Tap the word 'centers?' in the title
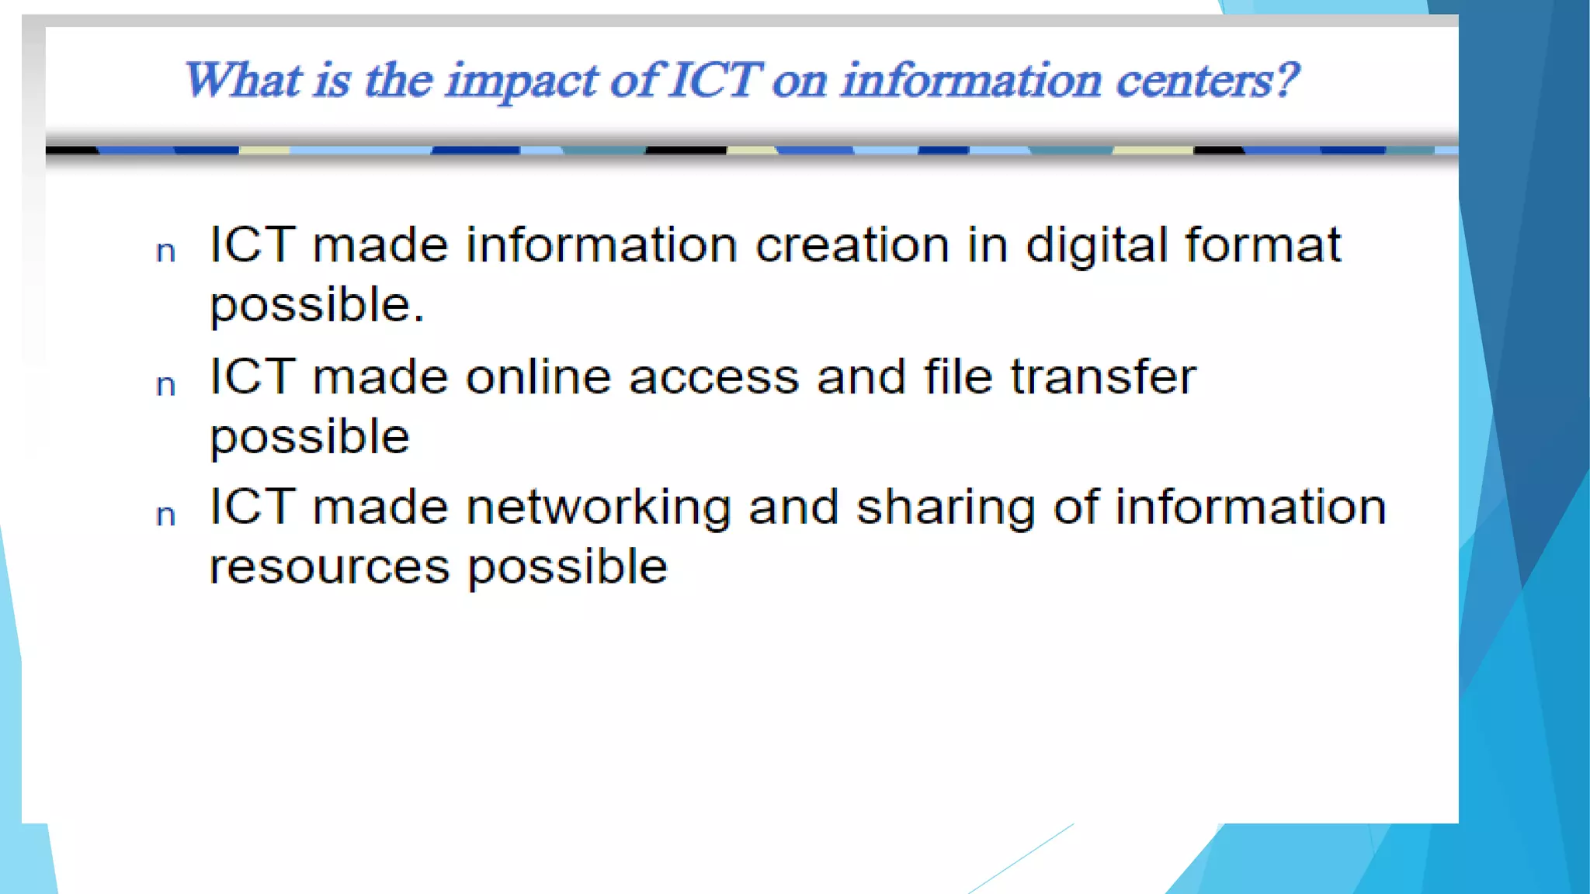tap(1208, 81)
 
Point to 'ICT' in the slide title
tap(715, 81)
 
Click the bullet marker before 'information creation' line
tap(165, 251)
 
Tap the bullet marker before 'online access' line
tap(165, 385)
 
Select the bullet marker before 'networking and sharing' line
tap(165, 515)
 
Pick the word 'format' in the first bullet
tap(1263, 245)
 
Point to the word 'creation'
tap(852, 245)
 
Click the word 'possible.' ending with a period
tap(318, 306)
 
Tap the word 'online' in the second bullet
tap(538, 378)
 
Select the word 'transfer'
tap(1103, 378)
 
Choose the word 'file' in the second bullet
tap(958, 377)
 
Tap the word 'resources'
tap(330, 567)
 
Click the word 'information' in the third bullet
tap(1251, 508)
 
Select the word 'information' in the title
tap(971, 81)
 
